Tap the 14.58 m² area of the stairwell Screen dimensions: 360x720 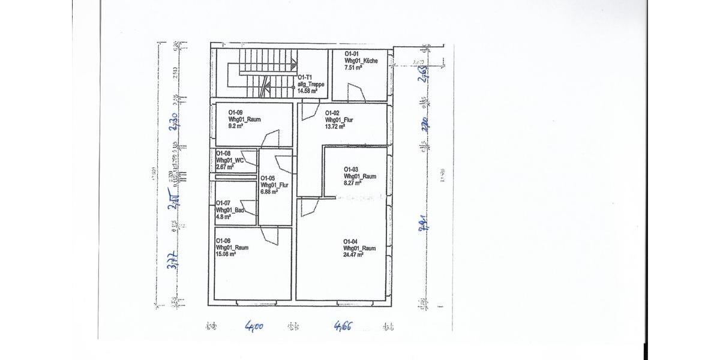click(x=311, y=91)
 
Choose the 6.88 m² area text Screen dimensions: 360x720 click(x=269, y=192)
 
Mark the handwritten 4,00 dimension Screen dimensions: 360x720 click(x=254, y=327)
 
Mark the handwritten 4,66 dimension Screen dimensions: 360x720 click(x=343, y=326)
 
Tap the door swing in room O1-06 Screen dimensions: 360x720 click(x=271, y=235)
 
